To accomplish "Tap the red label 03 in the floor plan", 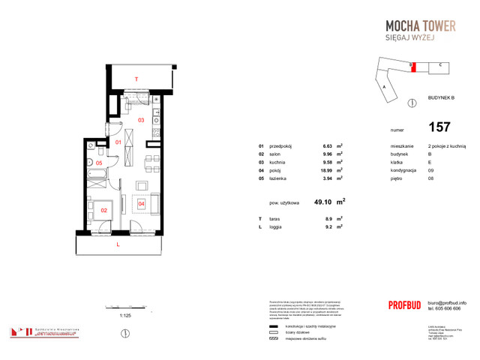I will click(140, 119).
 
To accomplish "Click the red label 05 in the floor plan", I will click(98, 163).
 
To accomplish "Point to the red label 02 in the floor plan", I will click(104, 211).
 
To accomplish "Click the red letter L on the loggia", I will click(118, 244).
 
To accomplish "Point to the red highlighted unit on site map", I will click(411, 66).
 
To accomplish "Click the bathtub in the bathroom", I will click(97, 174).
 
